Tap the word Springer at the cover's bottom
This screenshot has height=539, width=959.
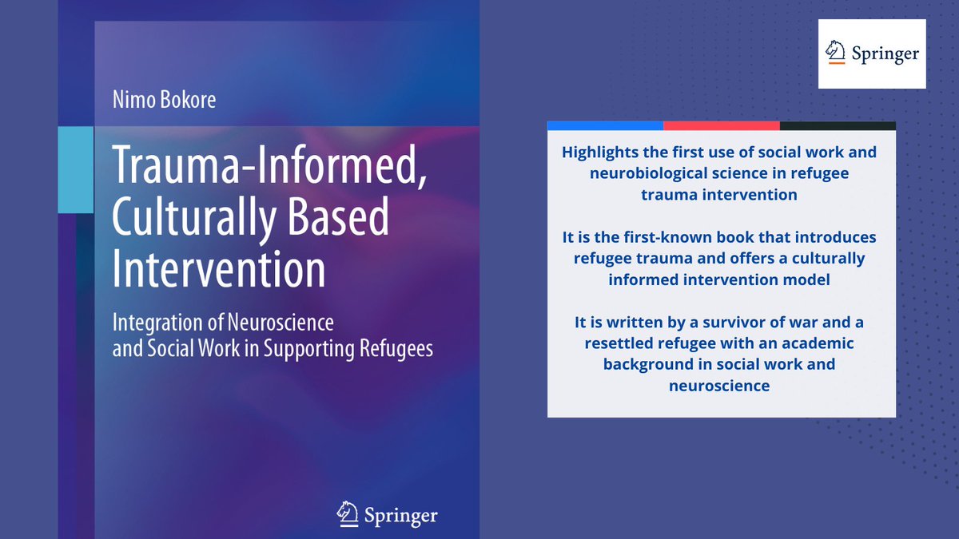[x=401, y=515]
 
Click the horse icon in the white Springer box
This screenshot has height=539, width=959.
[x=835, y=54]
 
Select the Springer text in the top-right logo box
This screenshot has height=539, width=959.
[x=884, y=54]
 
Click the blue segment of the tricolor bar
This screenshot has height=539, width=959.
[x=605, y=125]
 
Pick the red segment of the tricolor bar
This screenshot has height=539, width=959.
[x=721, y=125]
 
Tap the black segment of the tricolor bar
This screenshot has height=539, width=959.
[x=837, y=125]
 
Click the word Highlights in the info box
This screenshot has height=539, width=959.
[x=600, y=152]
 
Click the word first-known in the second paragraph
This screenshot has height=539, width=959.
[x=653, y=238]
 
